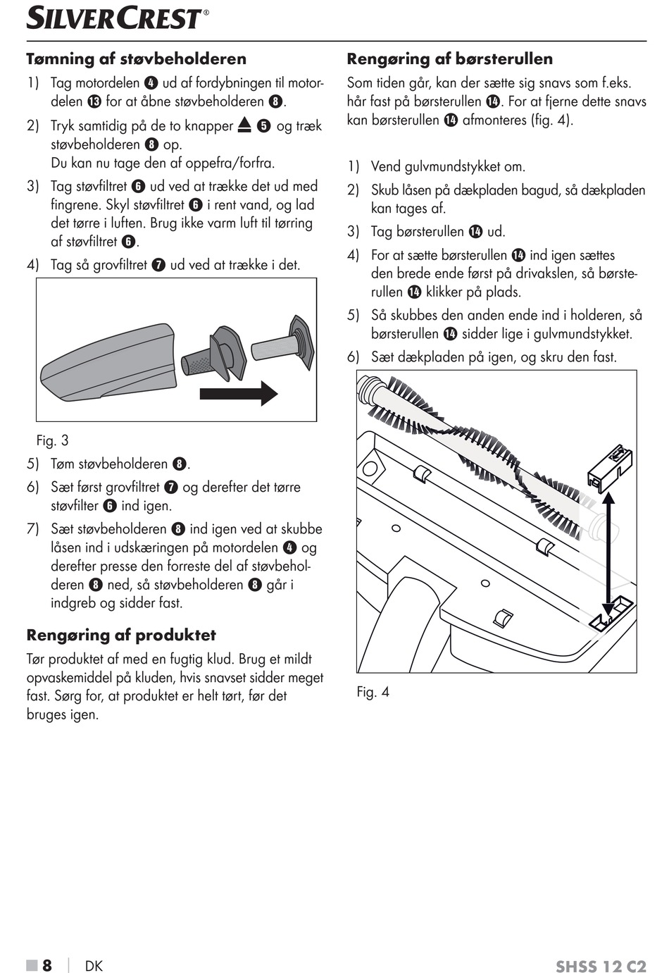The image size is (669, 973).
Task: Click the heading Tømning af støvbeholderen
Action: click(137, 59)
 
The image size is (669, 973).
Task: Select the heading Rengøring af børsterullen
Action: click(450, 59)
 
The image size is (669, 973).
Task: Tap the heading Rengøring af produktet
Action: click(121, 635)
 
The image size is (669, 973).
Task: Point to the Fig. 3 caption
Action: click(53, 441)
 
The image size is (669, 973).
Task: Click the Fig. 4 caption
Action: click(373, 692)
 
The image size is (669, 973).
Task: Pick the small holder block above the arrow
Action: click(610, 466)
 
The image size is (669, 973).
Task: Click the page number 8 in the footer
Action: click(47, 965)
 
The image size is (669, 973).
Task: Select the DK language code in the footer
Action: click(94, 965)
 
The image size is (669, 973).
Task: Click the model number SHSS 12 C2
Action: click(601, 966)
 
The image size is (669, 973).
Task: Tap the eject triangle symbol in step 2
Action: click(244, 125)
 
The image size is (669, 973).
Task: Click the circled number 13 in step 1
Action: click(95, 101)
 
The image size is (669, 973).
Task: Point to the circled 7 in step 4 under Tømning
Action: click(159, 266)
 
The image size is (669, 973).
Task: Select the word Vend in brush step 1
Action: click(385, 167)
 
